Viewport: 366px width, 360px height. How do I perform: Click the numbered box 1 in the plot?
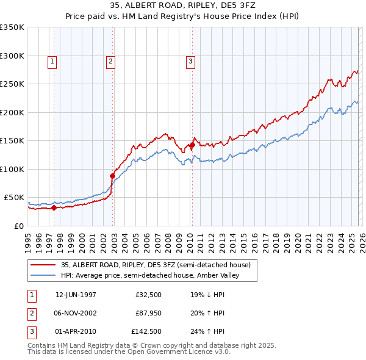pos(52,61)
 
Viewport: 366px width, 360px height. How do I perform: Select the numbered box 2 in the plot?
pos(110,61)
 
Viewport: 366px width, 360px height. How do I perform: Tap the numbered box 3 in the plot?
pos(190,61)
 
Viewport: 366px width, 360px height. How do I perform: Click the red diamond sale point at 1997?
pos(54,207)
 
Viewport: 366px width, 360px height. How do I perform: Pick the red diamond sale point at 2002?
pos(112,176)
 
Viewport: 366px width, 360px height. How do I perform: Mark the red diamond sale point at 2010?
pos(192,145)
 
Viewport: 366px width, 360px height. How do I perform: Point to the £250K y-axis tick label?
pos(12,84)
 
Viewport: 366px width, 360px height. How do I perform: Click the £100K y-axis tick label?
pos(12,169)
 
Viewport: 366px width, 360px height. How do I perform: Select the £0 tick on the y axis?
pos(20,226)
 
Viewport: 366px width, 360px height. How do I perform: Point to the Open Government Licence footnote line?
pos(129,352)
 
